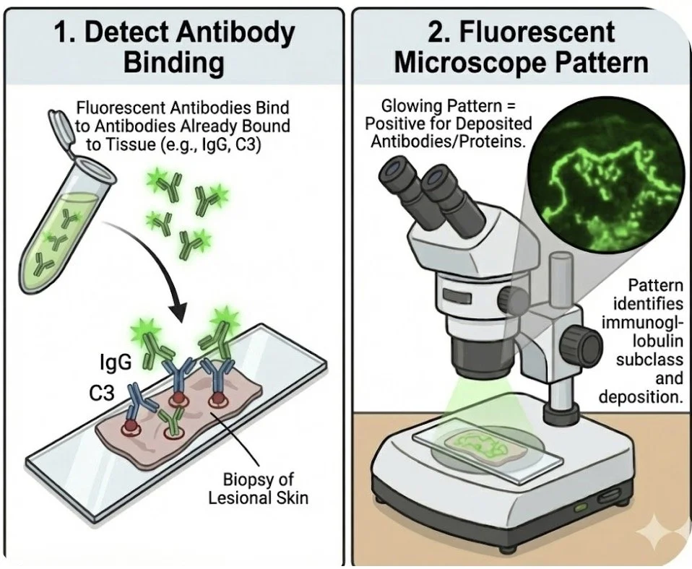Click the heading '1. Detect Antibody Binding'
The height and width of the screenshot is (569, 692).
pyautogui.click(x=173, y=46)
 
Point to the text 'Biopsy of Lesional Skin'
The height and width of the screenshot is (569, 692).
pyautogui.click(x=259, y=490)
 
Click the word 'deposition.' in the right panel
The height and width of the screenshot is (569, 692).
pyautogui.click(x=642, y=397)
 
